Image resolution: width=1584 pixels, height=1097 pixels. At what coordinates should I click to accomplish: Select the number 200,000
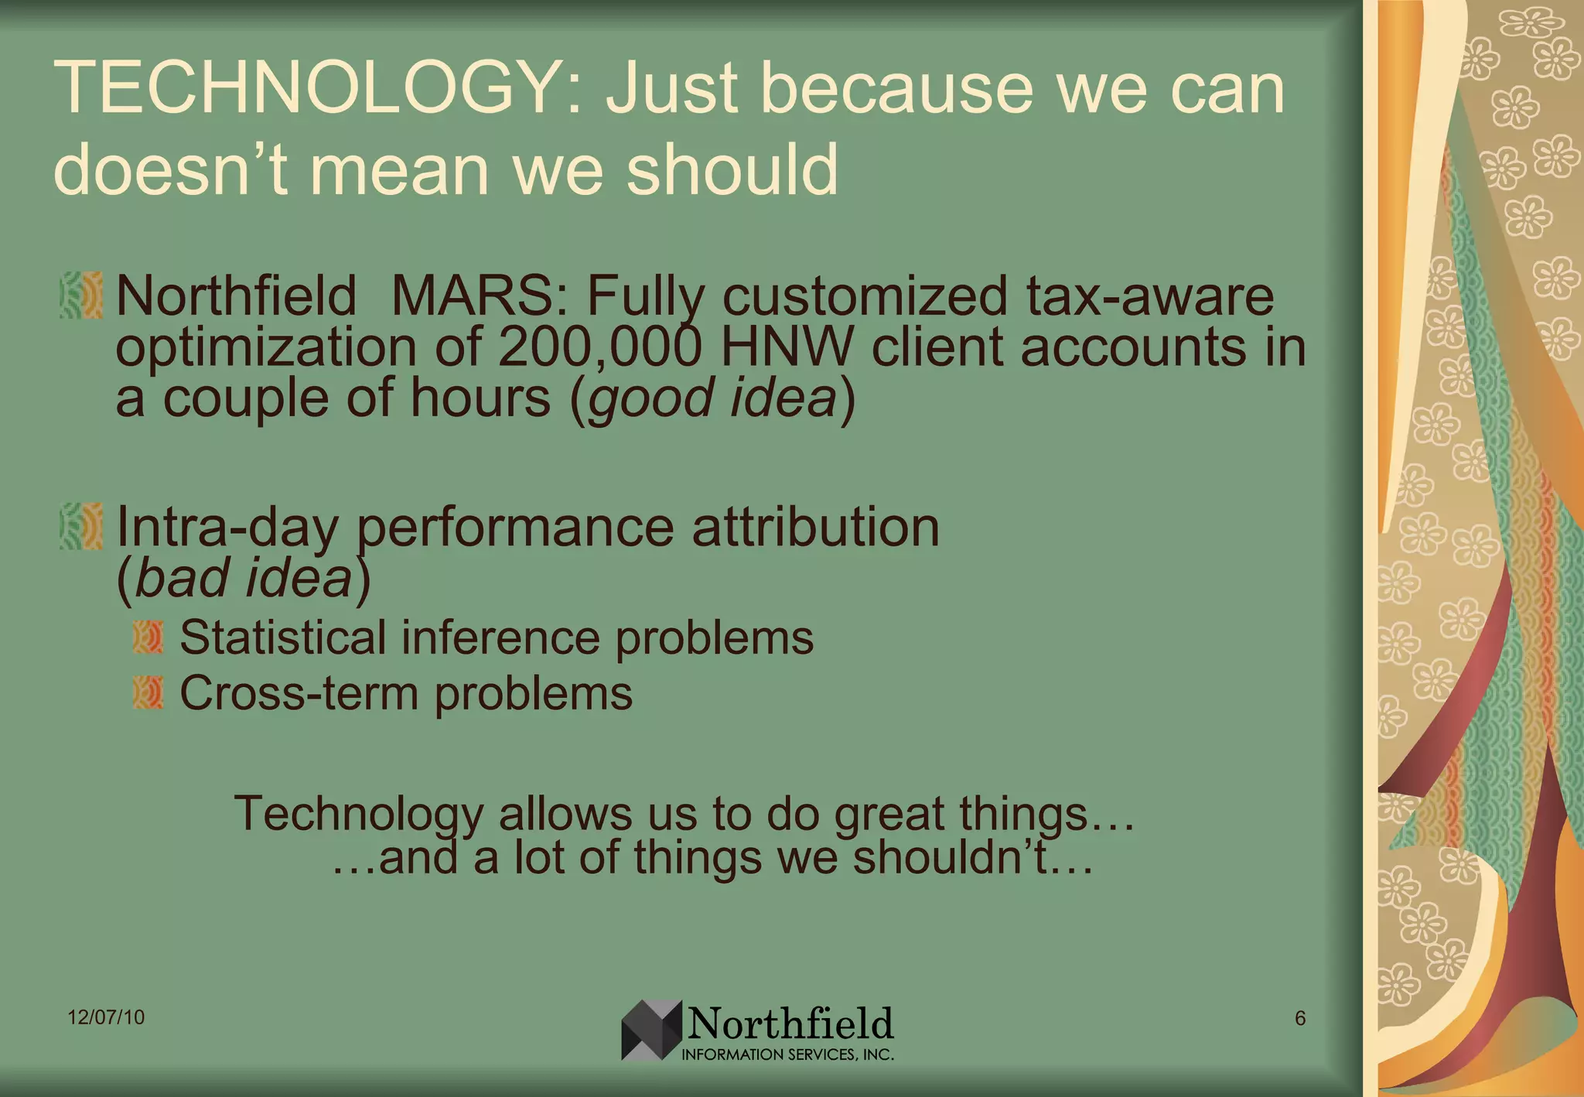click(599, 347)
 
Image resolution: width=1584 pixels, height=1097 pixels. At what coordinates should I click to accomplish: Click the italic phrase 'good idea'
click(712, 398)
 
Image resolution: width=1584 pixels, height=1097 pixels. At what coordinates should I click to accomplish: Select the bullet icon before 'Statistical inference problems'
click(148, 637)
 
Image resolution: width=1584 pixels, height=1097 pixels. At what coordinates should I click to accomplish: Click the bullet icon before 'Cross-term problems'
click(148, 692)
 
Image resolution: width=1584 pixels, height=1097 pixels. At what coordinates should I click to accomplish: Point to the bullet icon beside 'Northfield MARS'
click(81, 295)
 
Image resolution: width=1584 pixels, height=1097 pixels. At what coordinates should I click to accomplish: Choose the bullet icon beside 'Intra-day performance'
click(81, 526)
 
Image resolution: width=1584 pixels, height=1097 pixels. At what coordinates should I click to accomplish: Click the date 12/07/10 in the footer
click(106, 1017)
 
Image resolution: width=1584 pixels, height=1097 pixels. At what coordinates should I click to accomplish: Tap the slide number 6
click(1300, 1018)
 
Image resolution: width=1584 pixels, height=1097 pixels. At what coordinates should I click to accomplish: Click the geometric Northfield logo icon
click(650, 1029)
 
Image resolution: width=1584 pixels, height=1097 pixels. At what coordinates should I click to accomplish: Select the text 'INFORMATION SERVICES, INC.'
click(787, 1054)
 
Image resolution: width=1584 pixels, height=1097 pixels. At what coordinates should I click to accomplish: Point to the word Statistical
click(282, 637)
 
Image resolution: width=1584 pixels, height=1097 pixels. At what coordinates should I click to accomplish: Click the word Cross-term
click(299, 692)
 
